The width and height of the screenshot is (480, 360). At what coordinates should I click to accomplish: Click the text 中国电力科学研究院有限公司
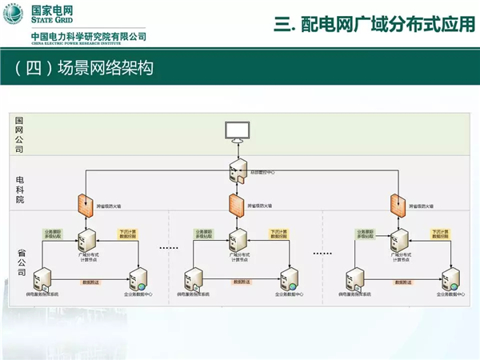point(88,37)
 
